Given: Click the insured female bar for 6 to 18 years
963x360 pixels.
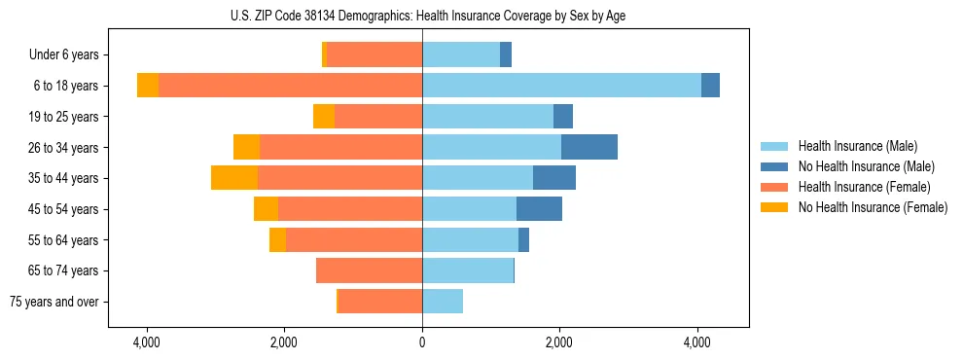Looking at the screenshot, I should (290, 86).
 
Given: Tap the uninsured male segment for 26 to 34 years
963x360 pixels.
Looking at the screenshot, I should (589, 147).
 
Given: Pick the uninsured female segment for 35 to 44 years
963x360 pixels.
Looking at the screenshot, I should (234, 178).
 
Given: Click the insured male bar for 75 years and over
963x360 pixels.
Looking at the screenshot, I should (443, 302).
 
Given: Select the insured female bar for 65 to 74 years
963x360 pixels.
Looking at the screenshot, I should (370, 270).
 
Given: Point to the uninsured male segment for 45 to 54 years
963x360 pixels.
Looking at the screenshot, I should (539, 209).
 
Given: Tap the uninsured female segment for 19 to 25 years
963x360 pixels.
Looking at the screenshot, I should (324, 117).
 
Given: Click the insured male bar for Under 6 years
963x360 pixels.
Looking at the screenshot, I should (461, 54).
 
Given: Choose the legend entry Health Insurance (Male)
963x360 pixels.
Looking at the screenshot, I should (857, 146).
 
